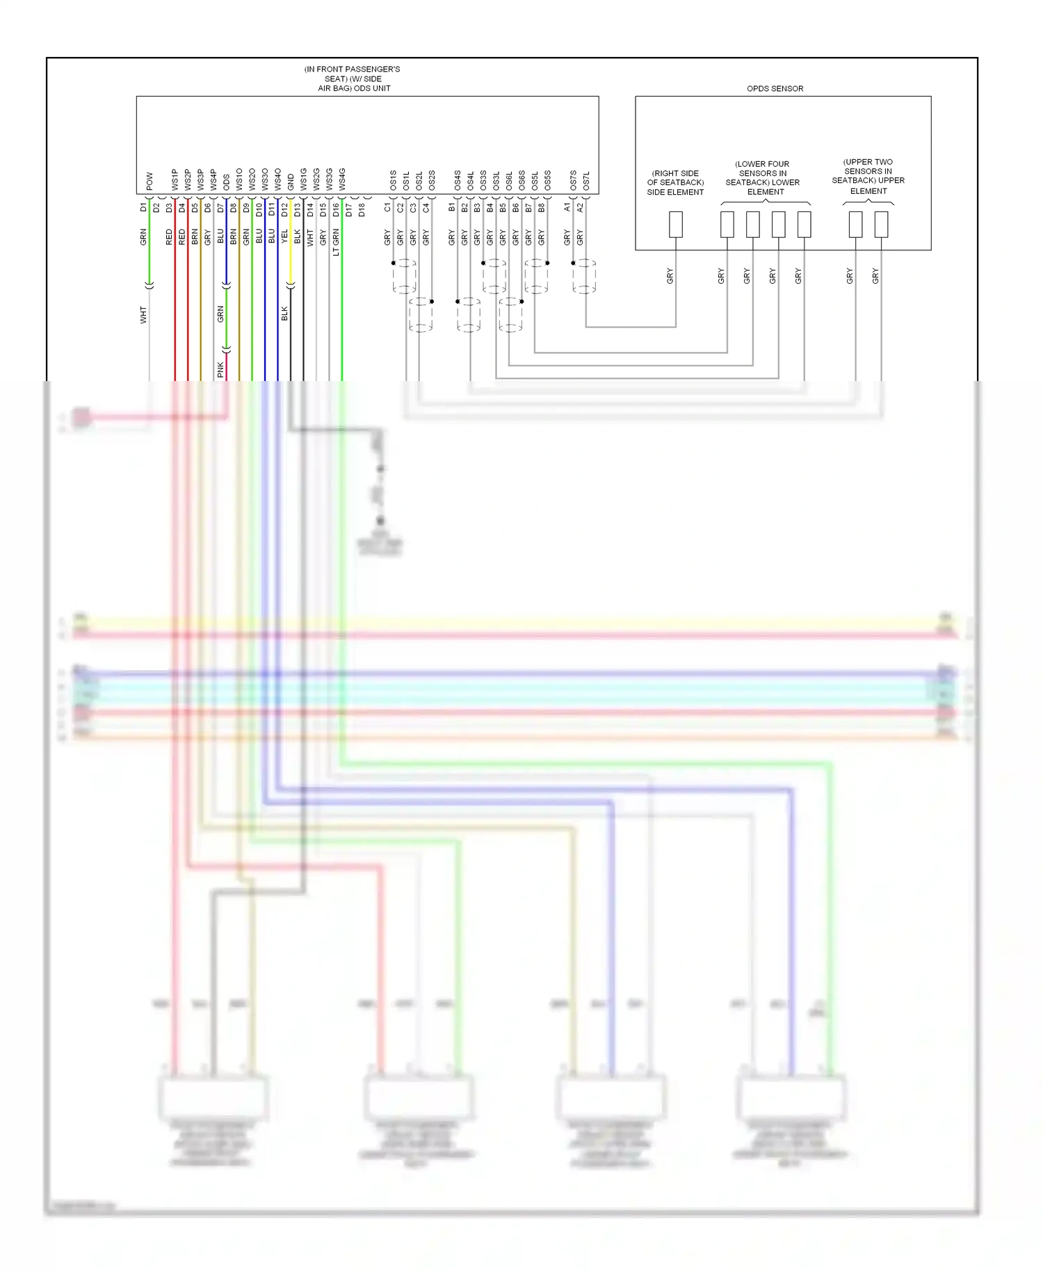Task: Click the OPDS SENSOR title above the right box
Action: pos(775,88)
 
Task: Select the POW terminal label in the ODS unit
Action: pos(149,181)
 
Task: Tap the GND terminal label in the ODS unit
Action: pos(291,181)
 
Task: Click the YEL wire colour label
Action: pos(284,236)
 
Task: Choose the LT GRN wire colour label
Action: pos(336,242)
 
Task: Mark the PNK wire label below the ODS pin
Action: pos(220,369)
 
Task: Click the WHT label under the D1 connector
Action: pos(143,314)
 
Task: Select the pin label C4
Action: pos(426,207)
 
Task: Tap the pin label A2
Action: pos(580,207)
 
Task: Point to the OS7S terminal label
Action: pos(573,180)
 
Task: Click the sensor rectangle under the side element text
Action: pos(675,225)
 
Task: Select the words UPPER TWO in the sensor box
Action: pos(868,162)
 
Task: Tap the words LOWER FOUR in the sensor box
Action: pos(762,164)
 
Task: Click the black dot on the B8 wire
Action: pos(547,263)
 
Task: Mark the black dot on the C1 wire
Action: pos(394,263)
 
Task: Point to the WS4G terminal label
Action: pos(342,179)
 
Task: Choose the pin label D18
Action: pos(362,209)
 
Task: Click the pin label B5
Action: pos(503,207)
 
